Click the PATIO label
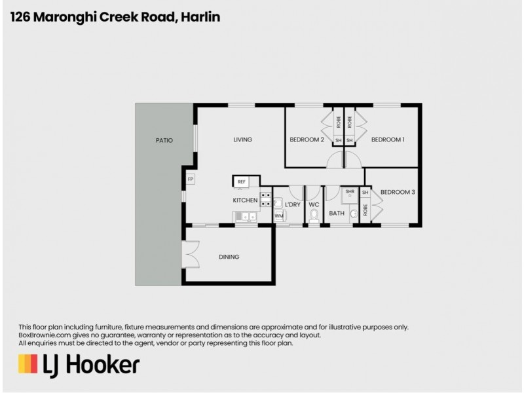pos(164,140)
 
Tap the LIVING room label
pos(242,140)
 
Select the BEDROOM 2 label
pos(307,140)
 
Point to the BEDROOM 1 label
pos(388,140)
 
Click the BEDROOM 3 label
pos(398,192)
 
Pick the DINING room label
pos(229,257)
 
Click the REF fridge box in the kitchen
pos(241,181)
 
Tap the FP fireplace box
pos(191,179)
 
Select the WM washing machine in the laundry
pos(279,215)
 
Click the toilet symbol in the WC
pos(314,215)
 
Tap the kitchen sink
pos(244,216)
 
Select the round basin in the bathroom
pos(354,214)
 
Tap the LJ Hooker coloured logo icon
pos(28,364)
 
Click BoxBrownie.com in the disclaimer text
pos(43,335)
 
